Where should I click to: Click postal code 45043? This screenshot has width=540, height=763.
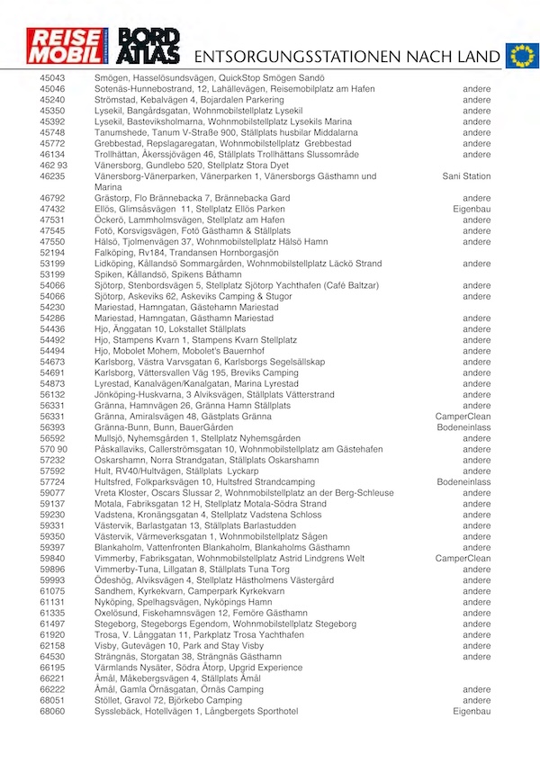click(x=53, y=78)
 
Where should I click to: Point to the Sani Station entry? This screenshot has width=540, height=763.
click(x=466, y=176)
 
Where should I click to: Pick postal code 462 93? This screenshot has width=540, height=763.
click(x=53, y=166)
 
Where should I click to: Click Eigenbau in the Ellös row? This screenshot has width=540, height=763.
click(x=471, y=209)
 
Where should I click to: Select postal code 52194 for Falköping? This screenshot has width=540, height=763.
click(x=53, y=253)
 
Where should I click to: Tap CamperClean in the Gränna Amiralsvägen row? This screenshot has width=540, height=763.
click(x=463, y=417)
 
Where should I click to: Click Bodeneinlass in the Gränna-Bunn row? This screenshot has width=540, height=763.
click(x=463, y=427)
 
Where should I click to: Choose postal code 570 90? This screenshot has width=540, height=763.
click(x=53, y=449)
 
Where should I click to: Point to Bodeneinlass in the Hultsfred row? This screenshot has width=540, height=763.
click(x=463, y=482)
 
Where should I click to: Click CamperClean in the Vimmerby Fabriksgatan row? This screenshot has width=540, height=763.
click(x=463, y=558)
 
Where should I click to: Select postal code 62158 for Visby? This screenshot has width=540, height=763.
click(x=53, y=646)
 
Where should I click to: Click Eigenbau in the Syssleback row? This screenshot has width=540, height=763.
click(x=471, y=711)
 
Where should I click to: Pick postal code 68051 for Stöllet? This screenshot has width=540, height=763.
click(x=53, y=700)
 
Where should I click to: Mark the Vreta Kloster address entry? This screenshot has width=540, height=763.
click(x=244, y=493)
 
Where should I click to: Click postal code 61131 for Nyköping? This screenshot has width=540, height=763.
click(x=53, y=602)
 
